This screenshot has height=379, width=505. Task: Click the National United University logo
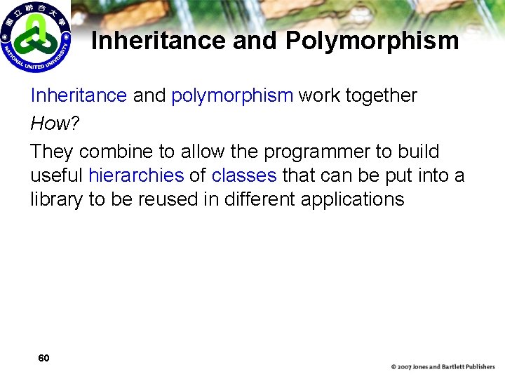(x=35, y=36)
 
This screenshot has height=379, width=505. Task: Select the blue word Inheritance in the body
(x=79, y=95)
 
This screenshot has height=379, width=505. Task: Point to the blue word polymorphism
(x=232, y=95)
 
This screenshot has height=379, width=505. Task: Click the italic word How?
(x=51, y=124)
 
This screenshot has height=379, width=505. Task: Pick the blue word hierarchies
(x=136, y=175)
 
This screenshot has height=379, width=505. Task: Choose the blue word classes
(x=244, y=175)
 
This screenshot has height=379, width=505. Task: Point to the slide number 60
(x=43, y=358)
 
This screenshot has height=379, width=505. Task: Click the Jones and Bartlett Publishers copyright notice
(x=443, y=366)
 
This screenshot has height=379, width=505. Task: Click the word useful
(x=57, y=175)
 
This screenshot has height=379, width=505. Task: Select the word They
(x=52, y=152)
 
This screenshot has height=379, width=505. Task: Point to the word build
(x=419, y=152)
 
